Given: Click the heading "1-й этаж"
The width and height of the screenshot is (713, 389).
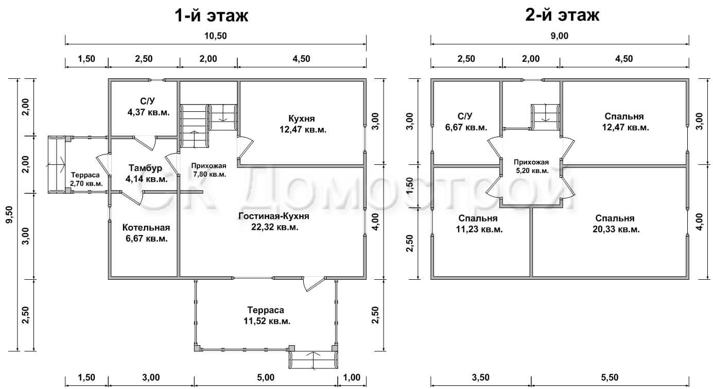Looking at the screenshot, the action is click(212, 15).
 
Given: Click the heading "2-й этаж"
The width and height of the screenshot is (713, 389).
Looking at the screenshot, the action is click(562, 15).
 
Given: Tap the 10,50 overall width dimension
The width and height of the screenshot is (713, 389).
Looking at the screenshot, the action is click(216, 36).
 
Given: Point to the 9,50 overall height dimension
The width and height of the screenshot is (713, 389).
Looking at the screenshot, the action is click(10, 214).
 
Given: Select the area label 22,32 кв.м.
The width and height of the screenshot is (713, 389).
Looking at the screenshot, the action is click(275, 227).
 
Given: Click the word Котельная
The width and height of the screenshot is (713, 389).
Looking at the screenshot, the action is click(146, 227).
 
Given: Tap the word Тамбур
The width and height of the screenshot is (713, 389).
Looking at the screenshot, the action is click(145, 168).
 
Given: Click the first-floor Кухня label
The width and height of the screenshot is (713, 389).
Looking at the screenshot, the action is click(302, 119).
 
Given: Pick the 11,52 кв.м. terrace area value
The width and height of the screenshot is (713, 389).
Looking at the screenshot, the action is click(267, 321).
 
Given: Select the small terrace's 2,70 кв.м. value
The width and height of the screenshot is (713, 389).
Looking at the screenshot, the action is click(86, 184).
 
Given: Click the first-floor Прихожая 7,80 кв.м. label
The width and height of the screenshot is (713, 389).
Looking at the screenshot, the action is click(209, 170).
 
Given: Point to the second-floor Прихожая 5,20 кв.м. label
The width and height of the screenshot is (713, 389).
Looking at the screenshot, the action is click(531, 166).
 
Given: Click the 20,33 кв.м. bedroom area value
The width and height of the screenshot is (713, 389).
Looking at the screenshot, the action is click(616, 229).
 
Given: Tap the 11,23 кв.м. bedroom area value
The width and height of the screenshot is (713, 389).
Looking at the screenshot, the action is click(479, 229).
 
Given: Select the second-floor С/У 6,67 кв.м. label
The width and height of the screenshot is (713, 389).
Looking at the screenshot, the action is click(466, 122).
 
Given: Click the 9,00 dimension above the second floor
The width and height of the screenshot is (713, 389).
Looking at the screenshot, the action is click(559, 36).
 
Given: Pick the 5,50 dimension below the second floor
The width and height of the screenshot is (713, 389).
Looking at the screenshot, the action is click(610, 378).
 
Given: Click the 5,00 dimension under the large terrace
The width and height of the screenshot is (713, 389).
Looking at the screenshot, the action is click(266, 378).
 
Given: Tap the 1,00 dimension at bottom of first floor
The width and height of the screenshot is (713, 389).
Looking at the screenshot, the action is click(352, 378).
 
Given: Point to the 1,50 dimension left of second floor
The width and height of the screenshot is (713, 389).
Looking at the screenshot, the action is click(410, 185).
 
